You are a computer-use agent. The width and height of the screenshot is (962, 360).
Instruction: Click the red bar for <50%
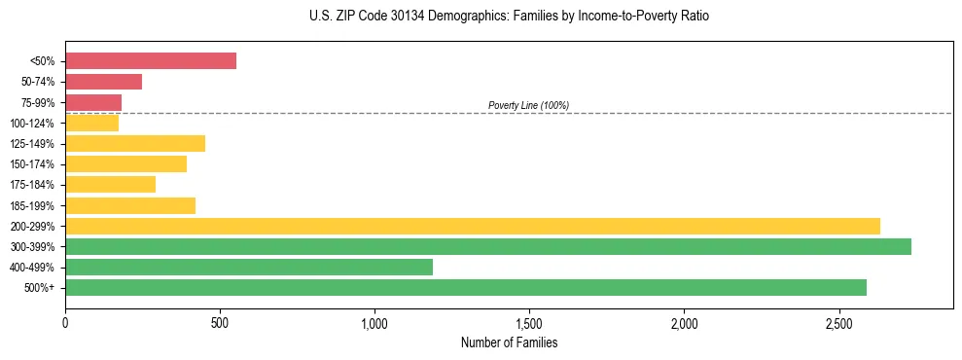click(x=151, y=61)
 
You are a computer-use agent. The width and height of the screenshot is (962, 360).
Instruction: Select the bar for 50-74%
click(x=103, y=82)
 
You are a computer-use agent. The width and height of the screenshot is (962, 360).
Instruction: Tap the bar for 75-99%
click(x=93, y=102)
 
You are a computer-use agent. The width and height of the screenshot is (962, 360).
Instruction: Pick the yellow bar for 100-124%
click(x=91, y=123)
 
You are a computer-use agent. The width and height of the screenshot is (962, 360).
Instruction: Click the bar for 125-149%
click(x=135, y=144)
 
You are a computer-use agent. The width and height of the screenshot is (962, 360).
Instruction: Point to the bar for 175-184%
click(x=110, y=185)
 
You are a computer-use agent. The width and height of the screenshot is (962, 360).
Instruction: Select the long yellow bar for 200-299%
click(x=473, y=226)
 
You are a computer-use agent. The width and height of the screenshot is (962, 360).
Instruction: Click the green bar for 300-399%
click(x=488, y=247)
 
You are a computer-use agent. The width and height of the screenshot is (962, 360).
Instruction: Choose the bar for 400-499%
click(x=249, y=268)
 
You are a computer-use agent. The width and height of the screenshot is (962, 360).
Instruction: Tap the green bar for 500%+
click(x=466, y=288)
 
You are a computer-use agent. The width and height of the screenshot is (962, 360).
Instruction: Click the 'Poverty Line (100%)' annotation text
click(x=528, y=105)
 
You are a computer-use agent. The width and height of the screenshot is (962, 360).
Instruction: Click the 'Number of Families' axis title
click(x=509, y=342)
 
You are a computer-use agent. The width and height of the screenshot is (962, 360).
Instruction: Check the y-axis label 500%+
click(x=39, y=288)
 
